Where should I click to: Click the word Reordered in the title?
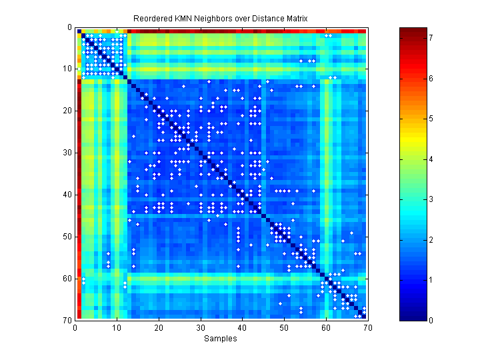point(151,18)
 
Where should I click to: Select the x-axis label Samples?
point(221,339)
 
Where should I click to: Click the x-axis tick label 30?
point(200,327)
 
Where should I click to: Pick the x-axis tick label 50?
point(284,327)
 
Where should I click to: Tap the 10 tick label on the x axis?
point(117,327)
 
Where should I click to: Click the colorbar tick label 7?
point(431,38)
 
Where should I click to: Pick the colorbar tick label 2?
point(431,239)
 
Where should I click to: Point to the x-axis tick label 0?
point(75,327)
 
